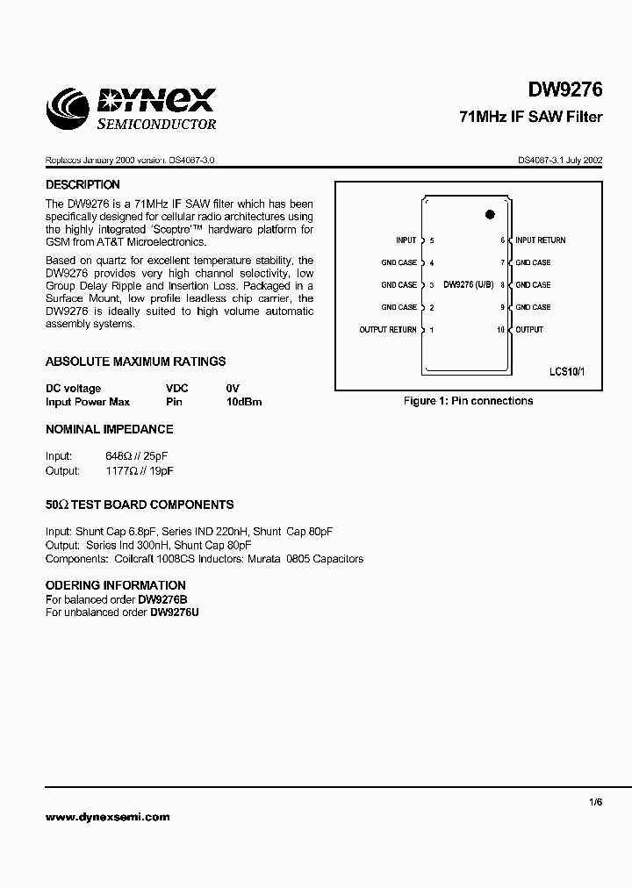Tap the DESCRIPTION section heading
83,185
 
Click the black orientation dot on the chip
490,214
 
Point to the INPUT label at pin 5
406,240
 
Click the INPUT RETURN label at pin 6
541,240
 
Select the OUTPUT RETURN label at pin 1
388,330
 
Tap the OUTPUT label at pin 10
529,330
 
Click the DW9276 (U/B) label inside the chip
469,285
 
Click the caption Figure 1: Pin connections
468,401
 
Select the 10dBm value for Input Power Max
244,402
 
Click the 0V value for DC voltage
232,388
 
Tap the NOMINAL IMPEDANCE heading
109,429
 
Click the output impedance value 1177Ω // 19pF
139,471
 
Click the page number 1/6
597,801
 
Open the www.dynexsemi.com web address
106,816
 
